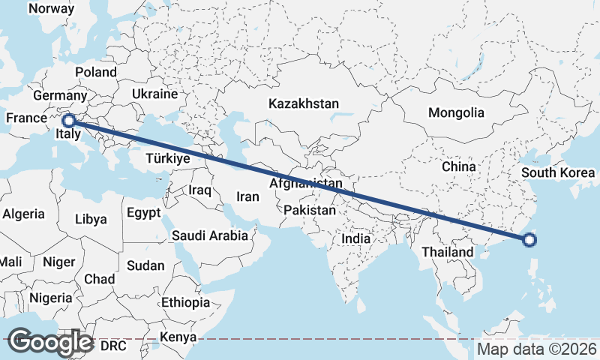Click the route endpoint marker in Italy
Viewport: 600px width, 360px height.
(68, 120)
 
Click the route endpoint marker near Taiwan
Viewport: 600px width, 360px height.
(529, 240)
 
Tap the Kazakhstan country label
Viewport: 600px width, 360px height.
(305, 103)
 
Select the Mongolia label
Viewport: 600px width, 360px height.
(456, 113)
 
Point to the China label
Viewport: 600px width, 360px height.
(459, 166)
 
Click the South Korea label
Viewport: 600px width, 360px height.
(558, 172)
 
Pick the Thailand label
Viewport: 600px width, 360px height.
(447, 252)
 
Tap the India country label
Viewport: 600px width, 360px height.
(356, 238)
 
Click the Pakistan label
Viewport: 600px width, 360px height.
(310, 211)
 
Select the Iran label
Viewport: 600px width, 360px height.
(247, 197)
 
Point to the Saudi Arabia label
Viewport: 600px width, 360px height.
(210, 235)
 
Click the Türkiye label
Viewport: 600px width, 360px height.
(169, 160)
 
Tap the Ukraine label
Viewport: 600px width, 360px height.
(154, 94)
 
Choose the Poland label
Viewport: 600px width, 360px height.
(96, 72)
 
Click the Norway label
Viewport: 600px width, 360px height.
(51, 9)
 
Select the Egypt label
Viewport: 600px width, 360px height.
(143, 213)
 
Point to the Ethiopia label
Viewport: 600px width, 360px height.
(185, 303)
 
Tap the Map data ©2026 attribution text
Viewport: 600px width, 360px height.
(536, 349)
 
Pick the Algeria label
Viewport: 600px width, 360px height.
(24, 214)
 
